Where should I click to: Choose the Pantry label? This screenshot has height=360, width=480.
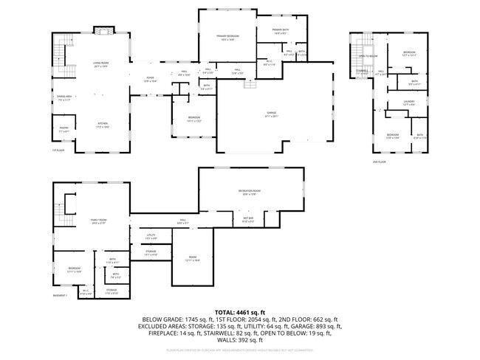tap(64, 130)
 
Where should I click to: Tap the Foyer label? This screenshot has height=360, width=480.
tap(150, 79)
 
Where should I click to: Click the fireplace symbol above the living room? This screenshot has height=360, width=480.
tap(104, 31)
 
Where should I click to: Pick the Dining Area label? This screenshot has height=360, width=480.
tap(64, 97)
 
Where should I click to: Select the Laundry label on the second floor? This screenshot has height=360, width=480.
tap(408, 103)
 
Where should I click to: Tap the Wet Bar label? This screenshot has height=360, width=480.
tap(248, 219)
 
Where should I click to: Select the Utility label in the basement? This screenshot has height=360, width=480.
tap(151, 237)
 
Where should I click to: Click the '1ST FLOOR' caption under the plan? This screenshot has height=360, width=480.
tap(57, 150)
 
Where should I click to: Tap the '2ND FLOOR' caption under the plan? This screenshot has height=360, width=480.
tap(379, 161)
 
